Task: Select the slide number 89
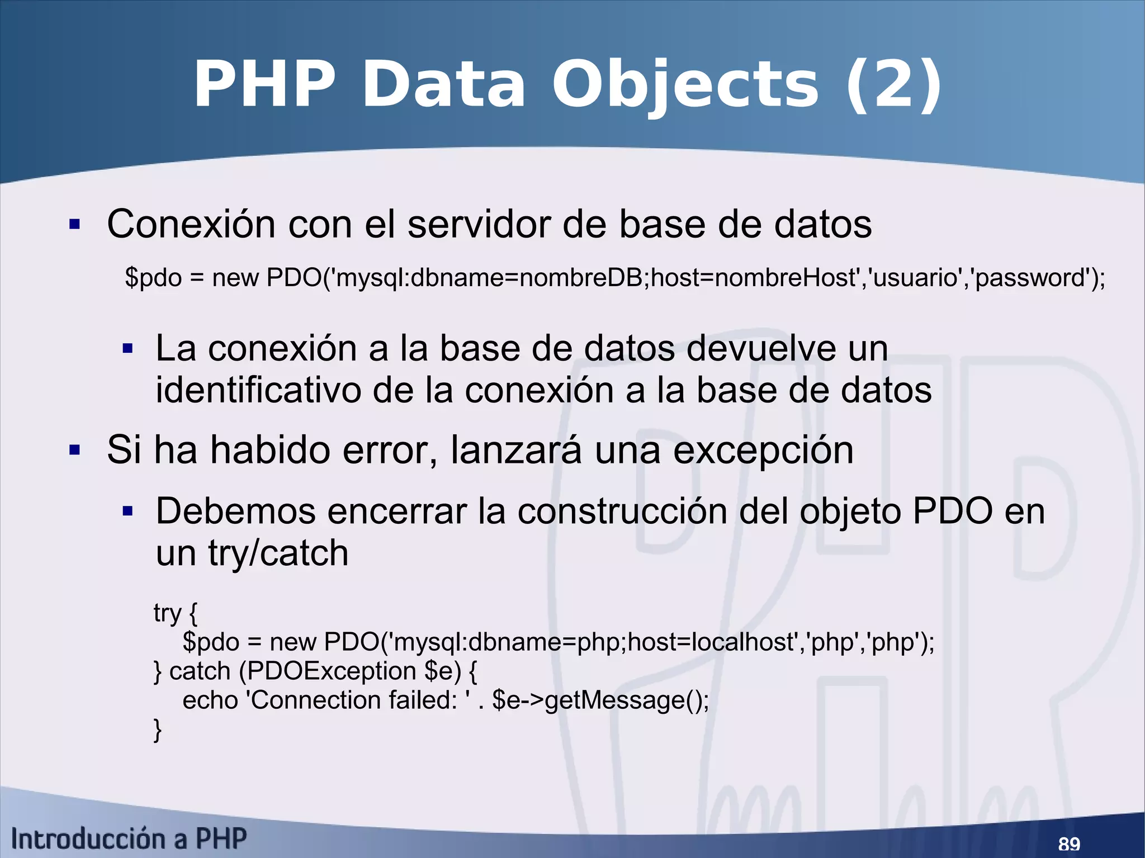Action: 1069,843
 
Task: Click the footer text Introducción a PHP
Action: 129,839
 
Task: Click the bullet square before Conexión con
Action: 74,225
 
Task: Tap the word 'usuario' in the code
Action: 913,278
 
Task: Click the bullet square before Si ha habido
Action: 74,450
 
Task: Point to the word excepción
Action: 763,451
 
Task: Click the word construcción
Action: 622,511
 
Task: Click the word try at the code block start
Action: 167,613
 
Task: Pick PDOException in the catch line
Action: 332,671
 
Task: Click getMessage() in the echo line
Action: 626,700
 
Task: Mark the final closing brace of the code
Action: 158,730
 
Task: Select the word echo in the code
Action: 210,700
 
